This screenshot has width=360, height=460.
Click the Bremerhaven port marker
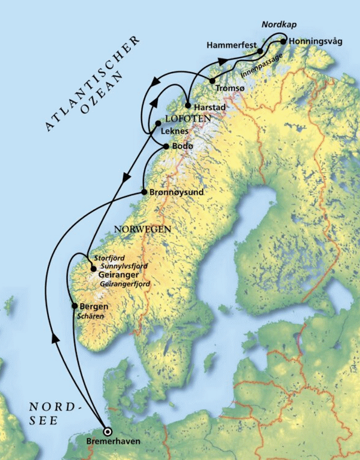coord(108,432)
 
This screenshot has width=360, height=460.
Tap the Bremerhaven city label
coord(113,442)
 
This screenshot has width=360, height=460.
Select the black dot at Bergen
coord(74,306)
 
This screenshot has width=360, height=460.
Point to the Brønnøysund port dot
coord(143,192)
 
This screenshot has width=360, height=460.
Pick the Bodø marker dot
coord(166,146)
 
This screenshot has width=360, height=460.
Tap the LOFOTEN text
coord(187,118)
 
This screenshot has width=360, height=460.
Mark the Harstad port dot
coord(188,105)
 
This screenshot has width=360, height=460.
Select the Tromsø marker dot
coord(212,80)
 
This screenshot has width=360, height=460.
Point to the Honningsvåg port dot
coord(283,41)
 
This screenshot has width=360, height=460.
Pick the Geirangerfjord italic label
coord(124,283)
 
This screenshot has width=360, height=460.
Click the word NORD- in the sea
coord(55,406)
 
